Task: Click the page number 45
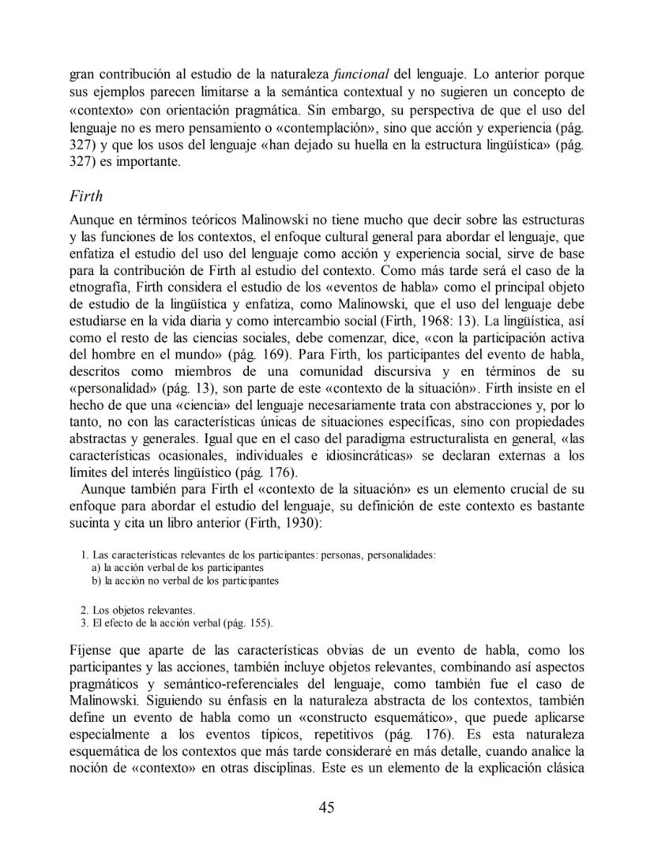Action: [327, 807]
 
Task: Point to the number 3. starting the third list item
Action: [85, 622]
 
